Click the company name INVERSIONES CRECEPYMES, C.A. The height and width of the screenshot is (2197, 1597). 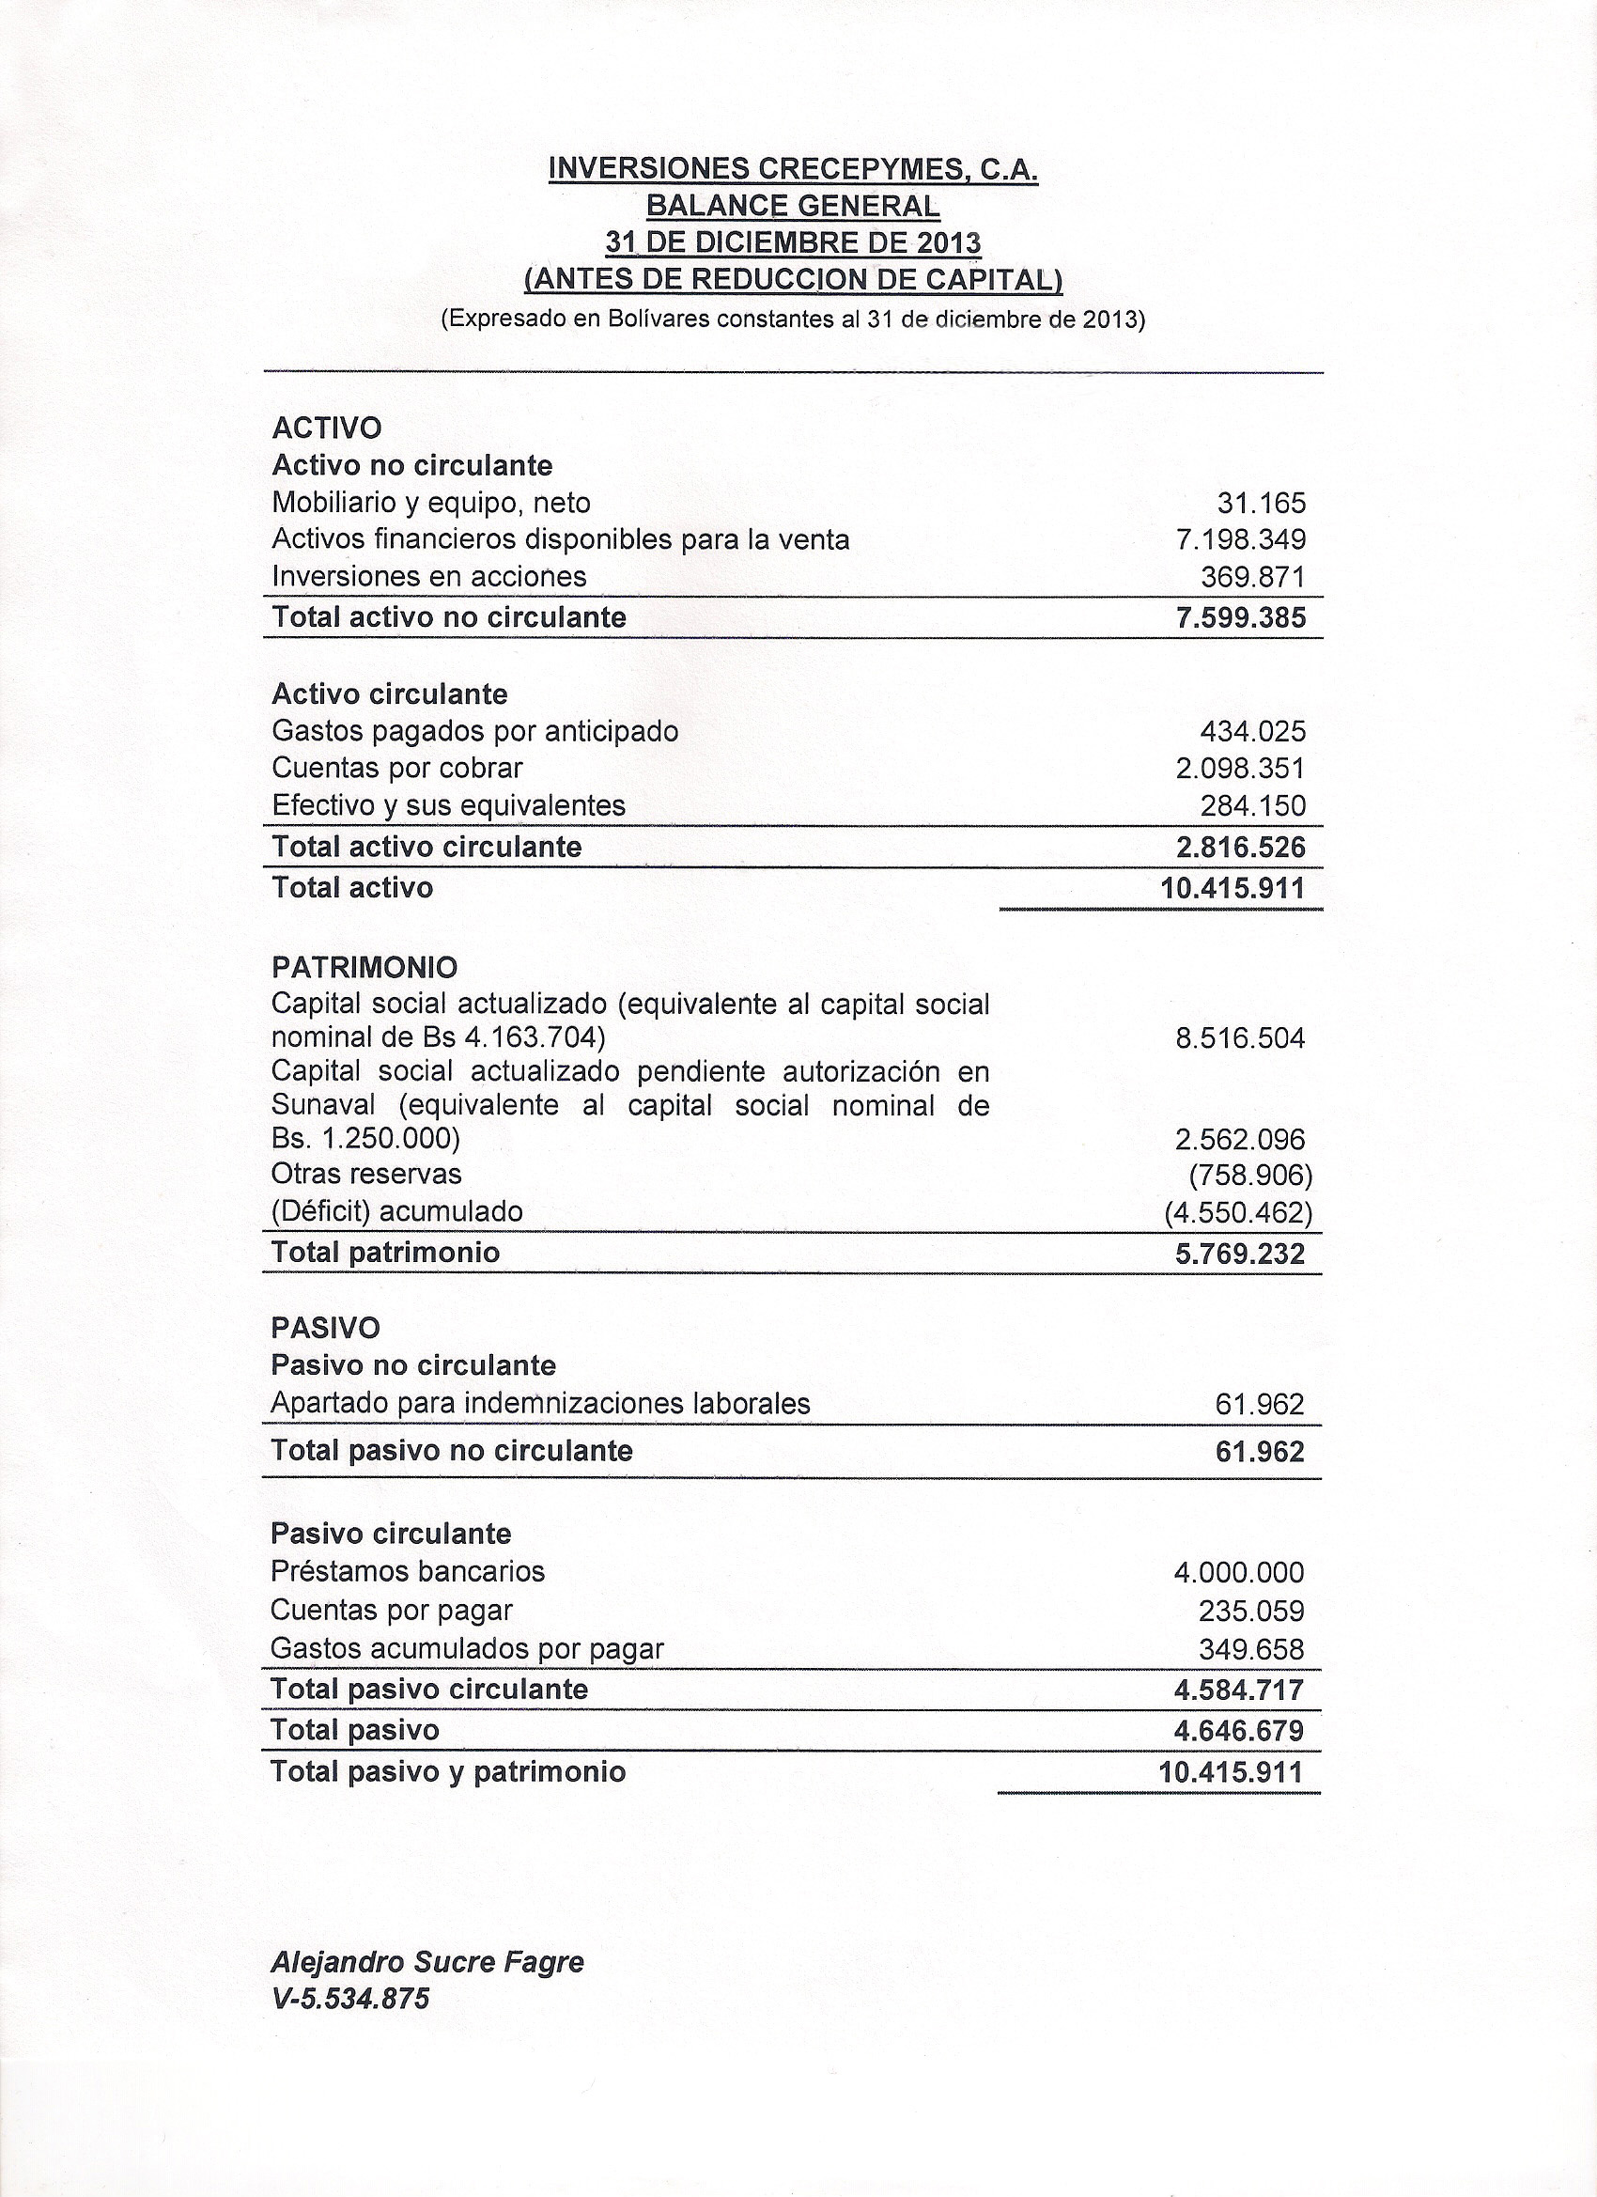tap(792, 169)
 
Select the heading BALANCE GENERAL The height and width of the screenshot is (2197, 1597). tap(792, 207)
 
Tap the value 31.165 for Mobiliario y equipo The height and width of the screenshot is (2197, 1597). tap(1261, 503)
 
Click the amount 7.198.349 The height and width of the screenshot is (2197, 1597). tap(1240, 539)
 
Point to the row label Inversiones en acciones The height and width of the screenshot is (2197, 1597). tap(429, 576)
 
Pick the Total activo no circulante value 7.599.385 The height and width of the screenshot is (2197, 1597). tap(1240, 617)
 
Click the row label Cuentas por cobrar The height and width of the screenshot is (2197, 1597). tap(397, 768)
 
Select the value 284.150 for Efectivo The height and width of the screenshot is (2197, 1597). tap(1253, 806)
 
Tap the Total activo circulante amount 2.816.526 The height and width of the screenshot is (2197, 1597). tap(1240, 848)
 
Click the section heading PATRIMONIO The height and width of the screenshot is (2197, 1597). tap(365, 967)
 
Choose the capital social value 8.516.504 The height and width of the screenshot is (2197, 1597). tap(1240, 1039)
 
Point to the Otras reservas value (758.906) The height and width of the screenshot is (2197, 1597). tap(1249, 1175)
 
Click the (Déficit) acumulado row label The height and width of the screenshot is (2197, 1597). tap(397, 1212)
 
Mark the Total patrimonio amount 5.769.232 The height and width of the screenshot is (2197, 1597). tap(1240, 1254)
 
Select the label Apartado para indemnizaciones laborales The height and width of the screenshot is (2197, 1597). tap(540, 1404)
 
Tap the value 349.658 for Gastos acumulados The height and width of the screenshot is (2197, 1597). tap(1252, 1649)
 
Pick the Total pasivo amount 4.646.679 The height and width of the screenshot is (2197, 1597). tap(1239, 1730)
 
